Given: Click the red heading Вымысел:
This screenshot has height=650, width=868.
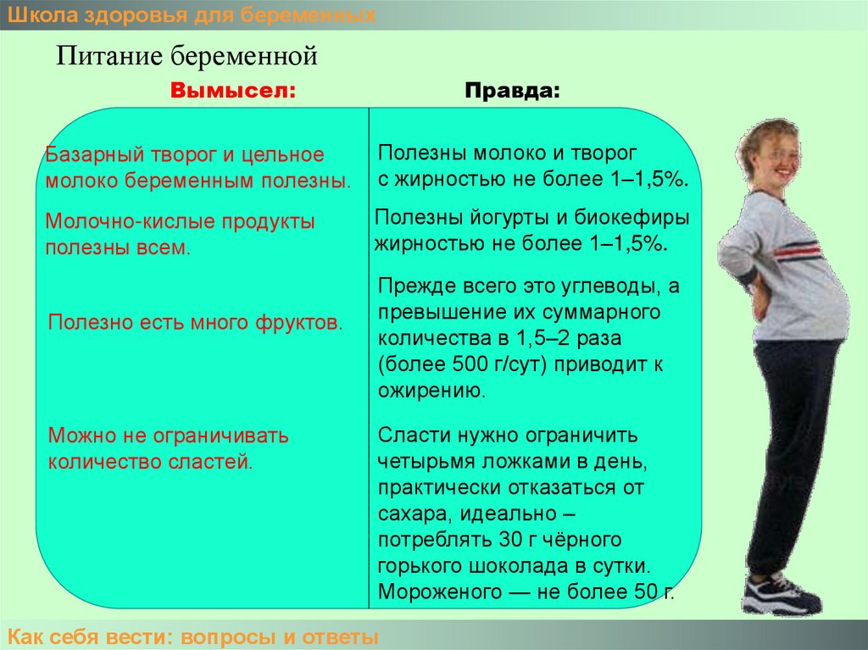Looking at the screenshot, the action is point(233,90).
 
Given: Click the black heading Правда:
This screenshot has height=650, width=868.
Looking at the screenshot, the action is point(513,91).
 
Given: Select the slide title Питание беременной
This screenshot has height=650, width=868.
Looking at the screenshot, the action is point(187,56).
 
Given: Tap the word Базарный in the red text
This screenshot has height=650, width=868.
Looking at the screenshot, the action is point(95,154).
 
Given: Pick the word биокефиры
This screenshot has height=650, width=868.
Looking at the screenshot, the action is point(632,218).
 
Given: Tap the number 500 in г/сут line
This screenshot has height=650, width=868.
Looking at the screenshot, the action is point(470,364).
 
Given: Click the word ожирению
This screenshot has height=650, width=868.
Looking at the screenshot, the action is point(431,391).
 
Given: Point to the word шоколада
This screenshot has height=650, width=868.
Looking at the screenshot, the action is point(527,566).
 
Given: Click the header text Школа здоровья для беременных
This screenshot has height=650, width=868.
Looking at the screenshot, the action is point(192,15).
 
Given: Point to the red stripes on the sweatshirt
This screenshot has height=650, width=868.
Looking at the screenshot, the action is point(797,252).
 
